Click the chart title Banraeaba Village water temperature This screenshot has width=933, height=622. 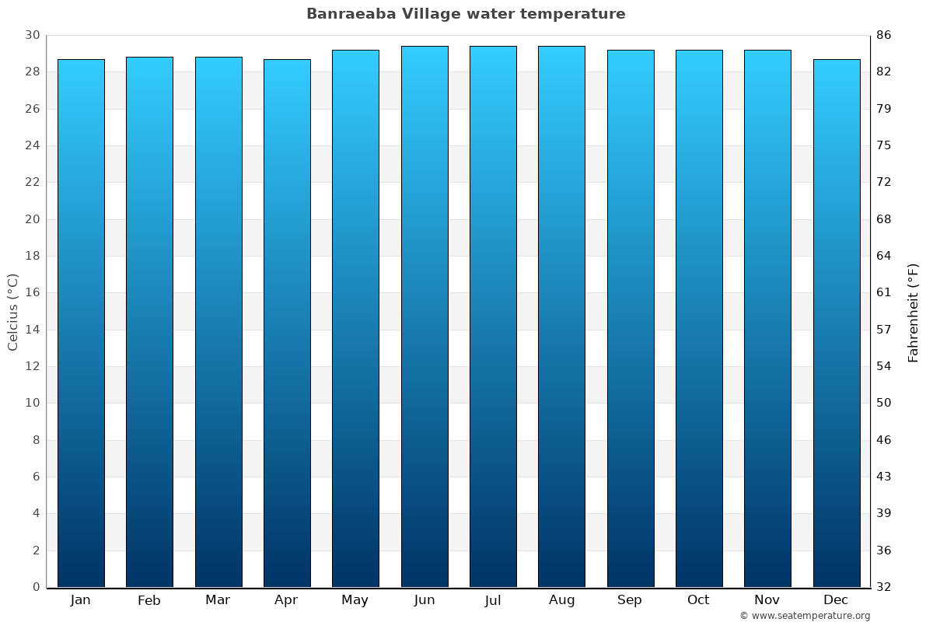click(466, 14)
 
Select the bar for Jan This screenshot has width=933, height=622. click(81, 323)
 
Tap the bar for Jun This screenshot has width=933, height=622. click(425, 316)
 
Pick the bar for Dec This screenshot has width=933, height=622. click(837, 323)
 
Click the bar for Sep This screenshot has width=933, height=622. click(631, 319)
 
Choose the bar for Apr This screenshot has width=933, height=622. click(287, 323)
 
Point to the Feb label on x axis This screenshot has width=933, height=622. click(149, 600)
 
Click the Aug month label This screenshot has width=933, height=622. click(561, 600)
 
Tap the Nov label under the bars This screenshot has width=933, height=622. click(767, 600)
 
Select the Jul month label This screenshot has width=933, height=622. click(493, 600)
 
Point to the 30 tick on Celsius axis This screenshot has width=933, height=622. click(32, 35)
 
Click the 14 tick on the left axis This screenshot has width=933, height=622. click(32, 330)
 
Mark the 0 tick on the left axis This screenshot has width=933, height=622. click(36, 587)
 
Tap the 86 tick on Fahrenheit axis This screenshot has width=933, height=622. click(884, 35)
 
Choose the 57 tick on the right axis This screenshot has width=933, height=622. click(884, 330)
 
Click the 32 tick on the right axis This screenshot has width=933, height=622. click(884, 587)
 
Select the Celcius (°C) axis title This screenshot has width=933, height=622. click(12, 312)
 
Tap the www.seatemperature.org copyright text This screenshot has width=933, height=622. click(805, 616)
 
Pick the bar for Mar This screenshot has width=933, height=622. click(218, 322)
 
